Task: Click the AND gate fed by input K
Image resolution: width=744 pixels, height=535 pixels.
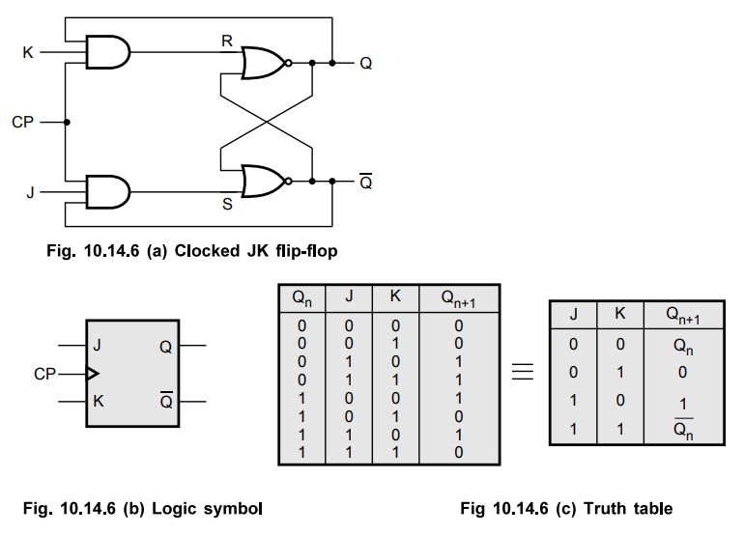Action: (106, 52)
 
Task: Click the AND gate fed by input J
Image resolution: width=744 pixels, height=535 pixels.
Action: (106, 191)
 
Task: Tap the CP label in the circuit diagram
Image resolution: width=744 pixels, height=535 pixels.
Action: (23, 123)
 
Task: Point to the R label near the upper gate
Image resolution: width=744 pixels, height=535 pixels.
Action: (227, 42)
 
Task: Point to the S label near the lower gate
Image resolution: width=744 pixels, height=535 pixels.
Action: (227, 205)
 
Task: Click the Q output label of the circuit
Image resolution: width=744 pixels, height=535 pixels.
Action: (365, 64)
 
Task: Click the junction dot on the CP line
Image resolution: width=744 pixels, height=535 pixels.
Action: (68, 123)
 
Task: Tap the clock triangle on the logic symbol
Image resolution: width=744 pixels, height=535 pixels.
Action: (92, 372)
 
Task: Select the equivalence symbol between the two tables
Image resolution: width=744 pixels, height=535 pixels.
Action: (523, 373)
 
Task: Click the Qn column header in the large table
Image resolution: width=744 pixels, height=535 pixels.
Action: (302, 298)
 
